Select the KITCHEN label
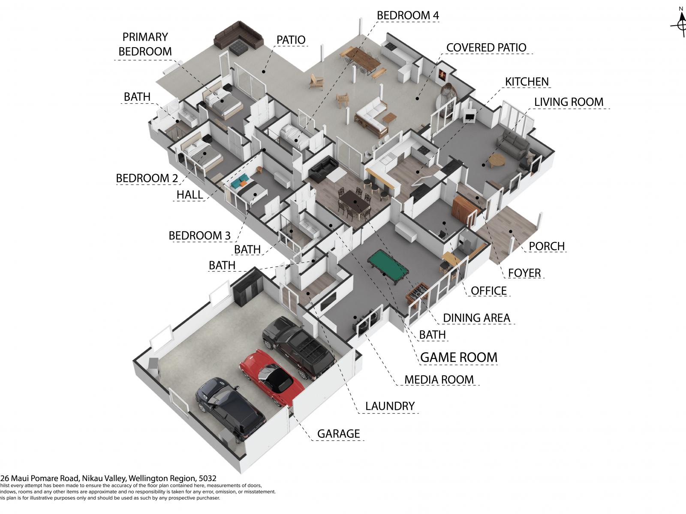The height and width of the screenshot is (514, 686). [527, 82]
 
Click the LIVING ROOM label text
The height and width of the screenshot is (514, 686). [569, 102]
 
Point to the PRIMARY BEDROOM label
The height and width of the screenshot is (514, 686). [145, 44]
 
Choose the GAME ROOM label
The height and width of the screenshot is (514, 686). [459, 357]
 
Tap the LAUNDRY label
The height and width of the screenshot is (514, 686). [390, 406]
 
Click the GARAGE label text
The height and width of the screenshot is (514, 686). [338, 434]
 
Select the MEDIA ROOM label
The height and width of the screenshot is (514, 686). [439, 380]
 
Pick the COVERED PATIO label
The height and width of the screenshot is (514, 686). [486, 48]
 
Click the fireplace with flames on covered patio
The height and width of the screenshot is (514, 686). [442, 75]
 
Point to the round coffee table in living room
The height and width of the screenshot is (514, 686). [496, 160]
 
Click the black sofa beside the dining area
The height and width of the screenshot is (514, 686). [323, 170]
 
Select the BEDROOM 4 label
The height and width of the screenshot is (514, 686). [408, 15]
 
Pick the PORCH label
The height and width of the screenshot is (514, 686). [547, 246]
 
